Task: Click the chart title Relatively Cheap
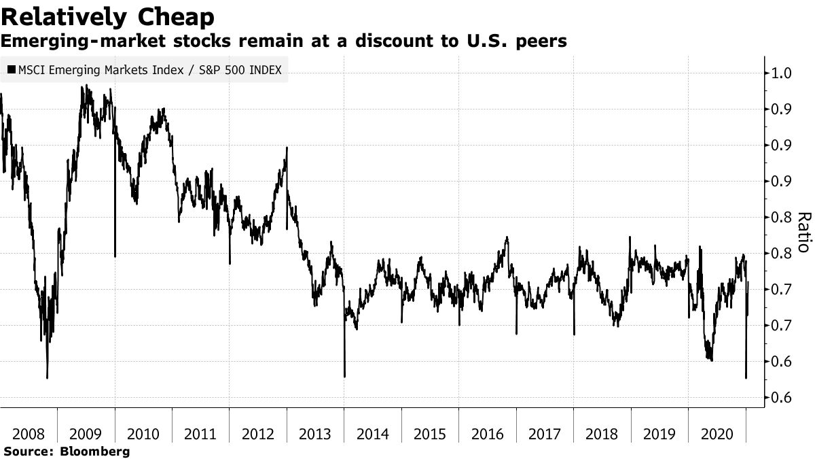coord(108,16)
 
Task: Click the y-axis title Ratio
coord(803,233)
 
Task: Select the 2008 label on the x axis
coord(29,434)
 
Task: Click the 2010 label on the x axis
coord(143,434)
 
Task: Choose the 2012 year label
coord(257,434)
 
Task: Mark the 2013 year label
coord(315,434)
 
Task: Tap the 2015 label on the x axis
coord(429,434)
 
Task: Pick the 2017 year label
coord(544,434)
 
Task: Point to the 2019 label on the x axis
coord(659,434)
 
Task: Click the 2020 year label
coord(717,434)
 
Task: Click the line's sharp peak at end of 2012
coord(287,148)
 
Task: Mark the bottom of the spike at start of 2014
coord(344,376)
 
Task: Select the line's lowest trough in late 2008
coord(47,377)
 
